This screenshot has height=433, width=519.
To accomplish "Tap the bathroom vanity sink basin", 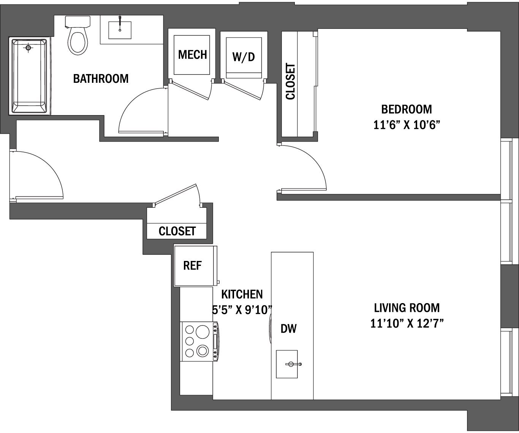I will [120, 30].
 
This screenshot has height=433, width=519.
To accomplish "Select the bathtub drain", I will [28, 48].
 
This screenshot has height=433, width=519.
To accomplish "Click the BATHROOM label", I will [101, 79].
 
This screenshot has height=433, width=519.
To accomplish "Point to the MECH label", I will [192, 55].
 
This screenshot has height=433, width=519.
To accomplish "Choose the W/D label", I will [244, 57].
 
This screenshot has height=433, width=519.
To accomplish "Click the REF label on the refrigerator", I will [192, 265].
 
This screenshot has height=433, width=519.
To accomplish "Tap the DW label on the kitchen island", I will [289, 329].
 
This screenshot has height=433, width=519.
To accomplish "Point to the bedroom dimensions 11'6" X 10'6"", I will [407, 125].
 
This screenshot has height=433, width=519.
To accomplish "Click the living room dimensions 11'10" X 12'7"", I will [407, 323].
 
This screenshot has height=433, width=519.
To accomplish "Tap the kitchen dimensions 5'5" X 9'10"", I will [242, 310].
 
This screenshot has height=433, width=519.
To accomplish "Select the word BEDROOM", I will [407, 109].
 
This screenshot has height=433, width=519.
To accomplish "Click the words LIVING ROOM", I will [407, 307].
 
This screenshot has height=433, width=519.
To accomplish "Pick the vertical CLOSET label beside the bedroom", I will [290, 82].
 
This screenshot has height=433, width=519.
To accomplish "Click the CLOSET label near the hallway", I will [177, 231].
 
